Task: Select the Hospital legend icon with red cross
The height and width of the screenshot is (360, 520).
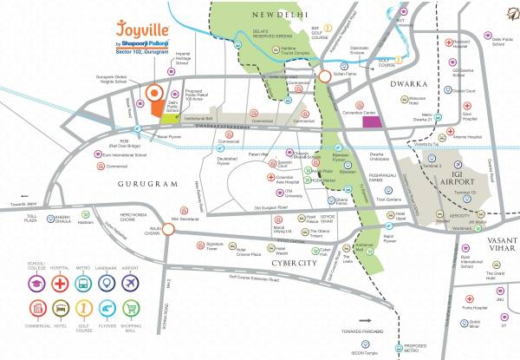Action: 61,281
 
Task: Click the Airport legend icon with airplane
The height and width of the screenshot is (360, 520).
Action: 130,281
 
